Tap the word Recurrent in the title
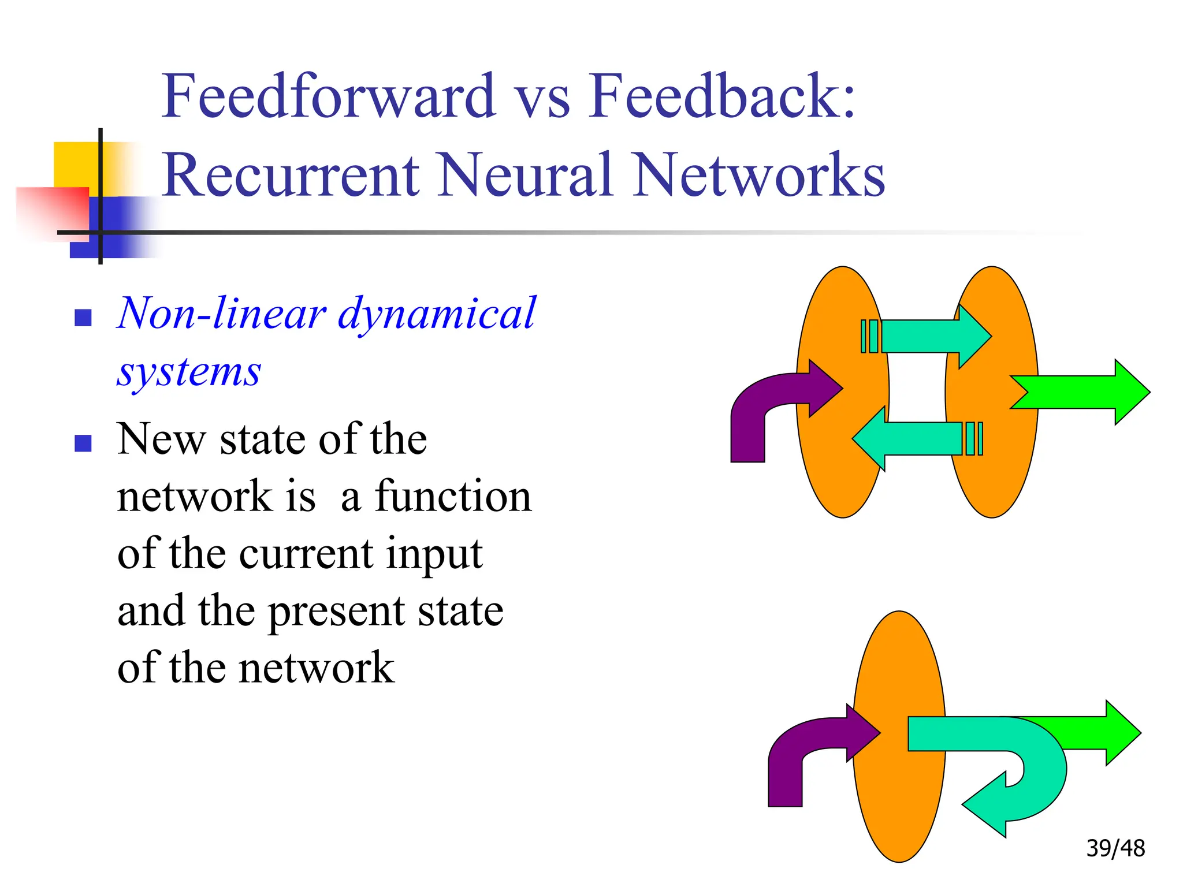point(291,175)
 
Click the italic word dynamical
point(437,314)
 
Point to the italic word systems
point(189,372)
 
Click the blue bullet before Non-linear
point(83,318)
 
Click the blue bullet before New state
point(83,443)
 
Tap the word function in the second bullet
point(453,497)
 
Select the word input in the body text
point(434,553)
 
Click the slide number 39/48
point(1115,848)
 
